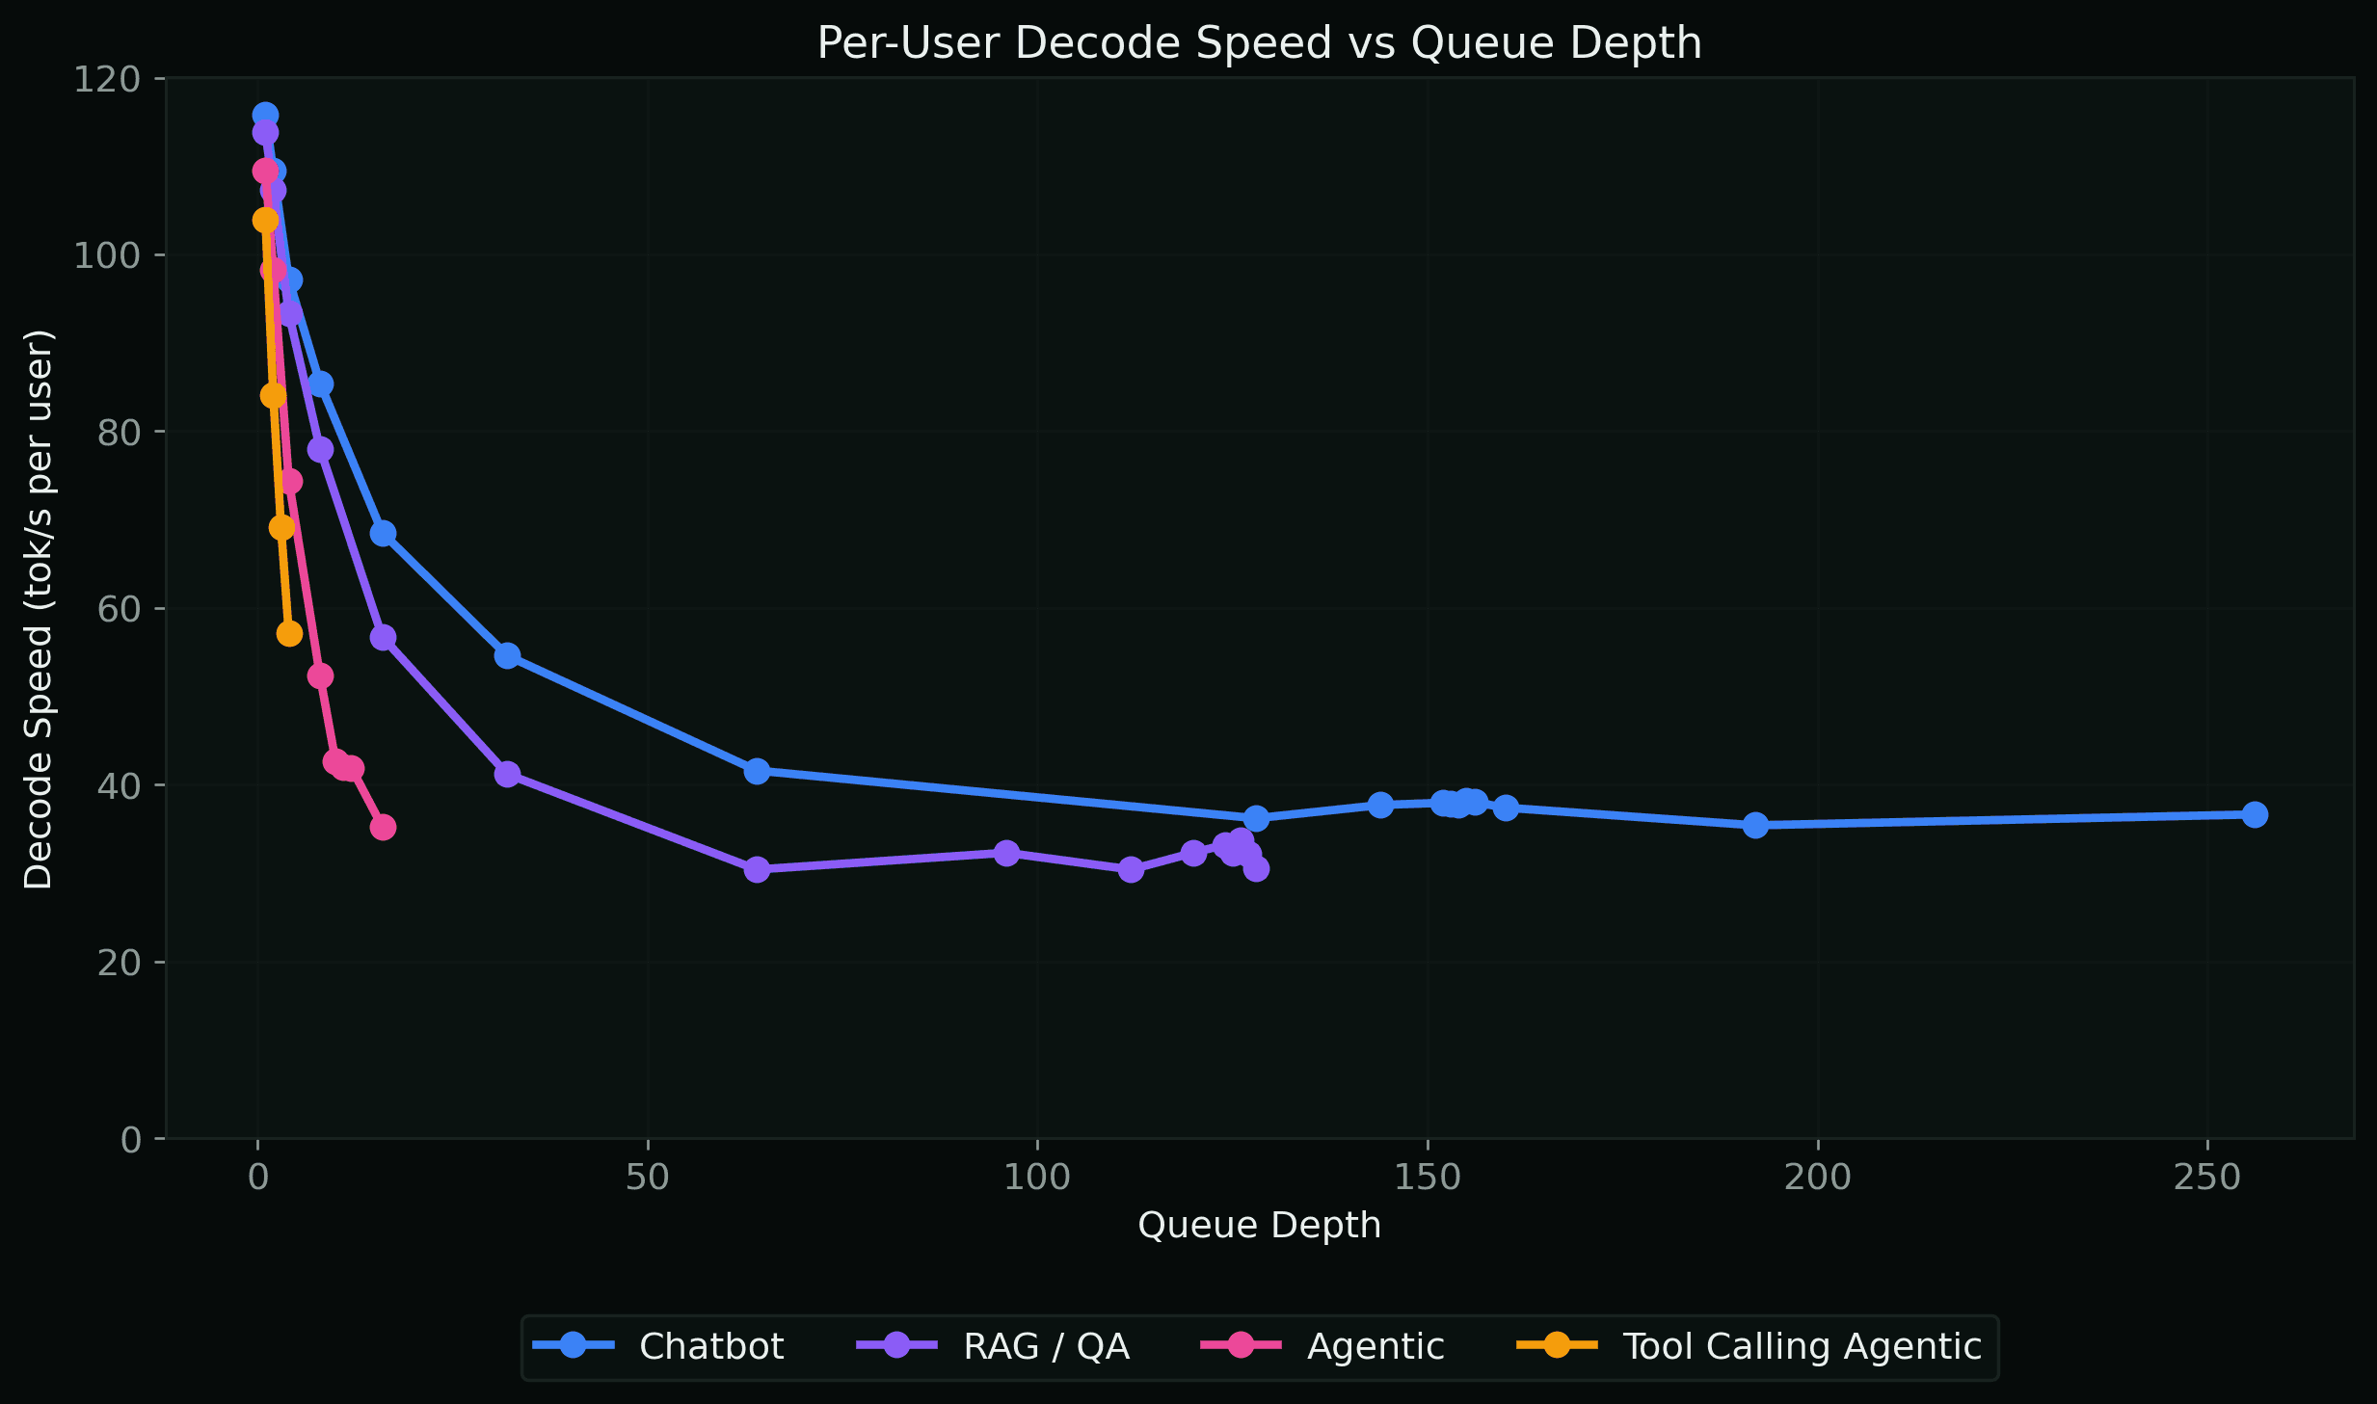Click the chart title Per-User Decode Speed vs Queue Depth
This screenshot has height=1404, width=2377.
(1259, 43)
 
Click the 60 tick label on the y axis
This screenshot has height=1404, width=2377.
(118, 609)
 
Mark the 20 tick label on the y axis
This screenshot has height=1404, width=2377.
(118, 963)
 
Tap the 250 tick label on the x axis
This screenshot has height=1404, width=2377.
(2207, 1178)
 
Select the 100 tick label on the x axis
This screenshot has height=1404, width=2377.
(1037, 1178)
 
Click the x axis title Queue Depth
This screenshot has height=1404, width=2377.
(1259, 1226)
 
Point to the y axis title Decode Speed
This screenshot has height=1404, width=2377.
(39, 609)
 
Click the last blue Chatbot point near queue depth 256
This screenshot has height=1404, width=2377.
(2255, 814)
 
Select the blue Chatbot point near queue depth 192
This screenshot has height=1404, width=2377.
(1755, 825)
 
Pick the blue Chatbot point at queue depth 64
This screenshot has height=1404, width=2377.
(757, 771)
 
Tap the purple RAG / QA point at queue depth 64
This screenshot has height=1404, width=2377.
(757, 869)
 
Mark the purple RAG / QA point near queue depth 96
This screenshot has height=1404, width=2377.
(1006, 853)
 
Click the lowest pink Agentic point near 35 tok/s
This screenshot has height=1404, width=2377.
(383, 827)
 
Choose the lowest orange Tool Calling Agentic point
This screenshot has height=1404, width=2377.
(289, 633)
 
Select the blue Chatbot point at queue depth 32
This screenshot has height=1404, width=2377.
(507, 655)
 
